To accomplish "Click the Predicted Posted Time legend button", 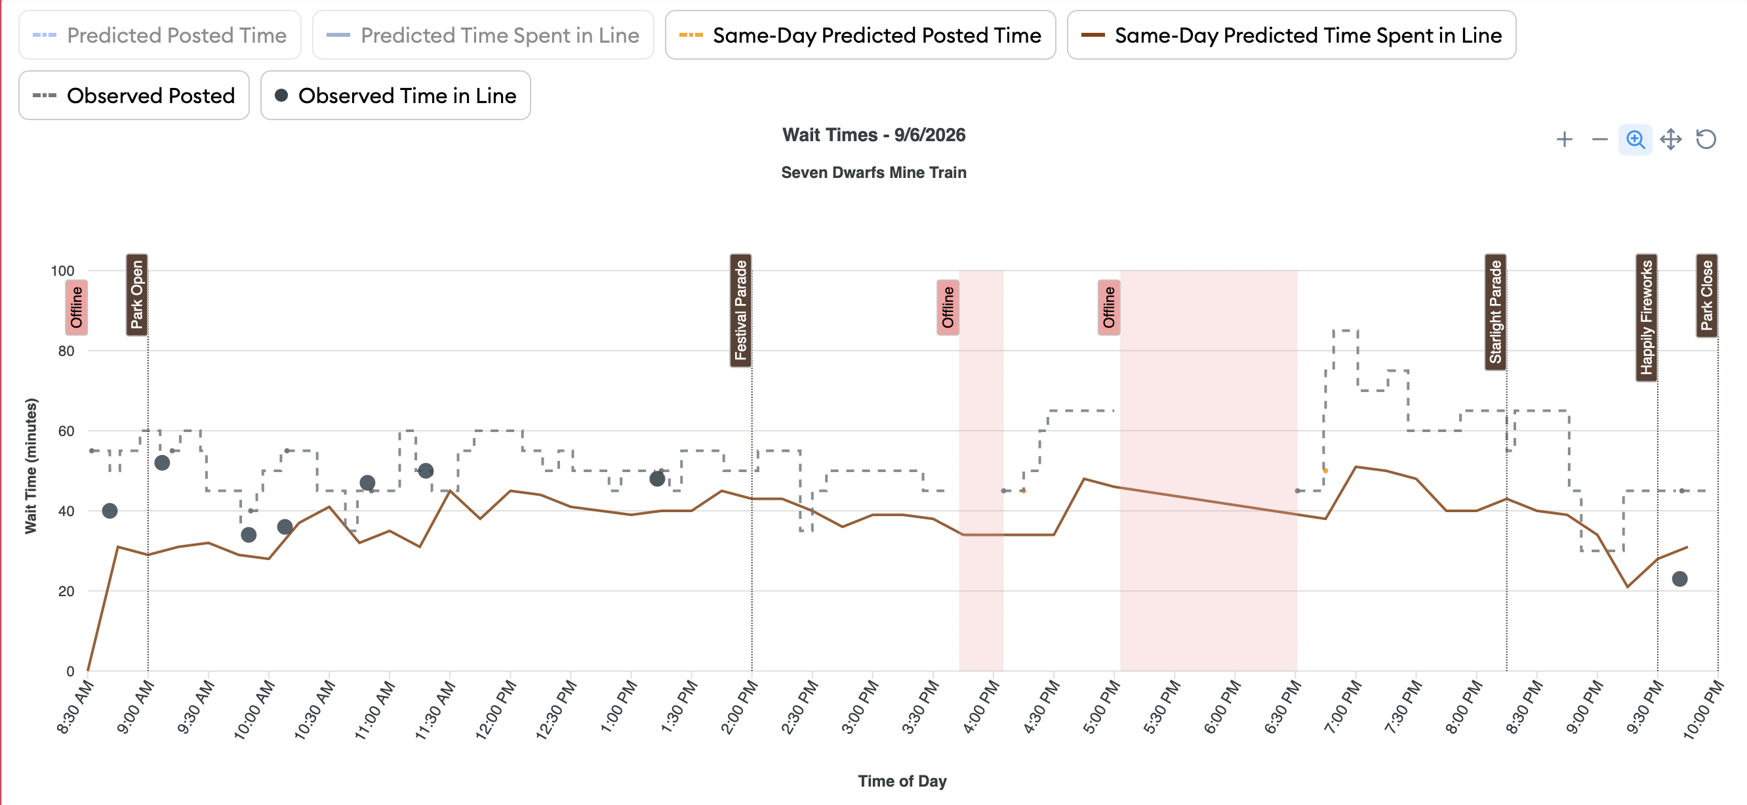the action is click(160, 35).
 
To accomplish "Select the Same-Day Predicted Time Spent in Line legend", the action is click(1291, 35).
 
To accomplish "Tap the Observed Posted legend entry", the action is click(134, 95).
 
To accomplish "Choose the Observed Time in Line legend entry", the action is click(395, 95).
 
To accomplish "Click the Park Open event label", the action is click(137, 295).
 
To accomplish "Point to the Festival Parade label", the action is click(740, 310).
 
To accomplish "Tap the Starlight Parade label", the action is click(1495, 313).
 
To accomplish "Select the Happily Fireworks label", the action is click(1647, 318).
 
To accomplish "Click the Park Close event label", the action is click(1707, 295).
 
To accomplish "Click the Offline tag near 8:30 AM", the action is click(76, 307).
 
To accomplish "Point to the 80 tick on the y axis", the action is click(66, 351).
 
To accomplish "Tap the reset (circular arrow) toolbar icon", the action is click(1706, 139).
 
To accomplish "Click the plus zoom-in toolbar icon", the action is click(1565, 139).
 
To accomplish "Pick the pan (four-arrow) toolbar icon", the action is click(1670, 139).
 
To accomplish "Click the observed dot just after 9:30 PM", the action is click(1679, 579).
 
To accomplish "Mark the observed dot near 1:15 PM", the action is click(656, 479).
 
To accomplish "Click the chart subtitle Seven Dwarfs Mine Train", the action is click(873, 173).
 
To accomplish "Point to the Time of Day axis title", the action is click(902, 781).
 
